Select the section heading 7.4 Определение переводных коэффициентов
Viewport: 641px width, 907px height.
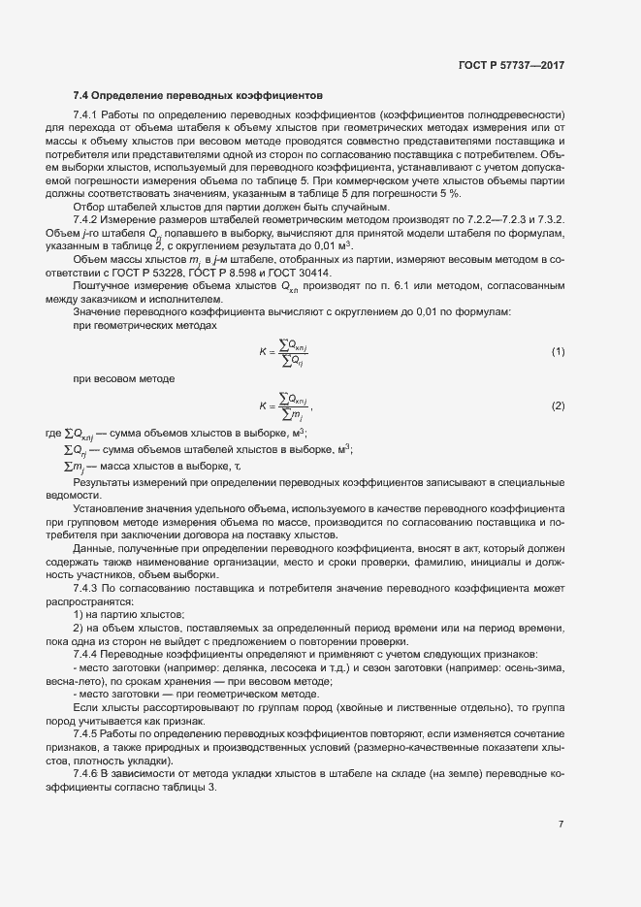click(198, 96)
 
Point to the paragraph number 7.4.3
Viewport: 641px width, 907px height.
click(87, 588)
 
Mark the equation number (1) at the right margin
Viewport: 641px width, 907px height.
click(558, 350)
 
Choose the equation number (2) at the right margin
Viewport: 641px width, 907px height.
click(558, 404)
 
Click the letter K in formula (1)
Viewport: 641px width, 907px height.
click(262, 351)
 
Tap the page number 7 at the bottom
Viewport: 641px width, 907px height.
click(561, 824)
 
